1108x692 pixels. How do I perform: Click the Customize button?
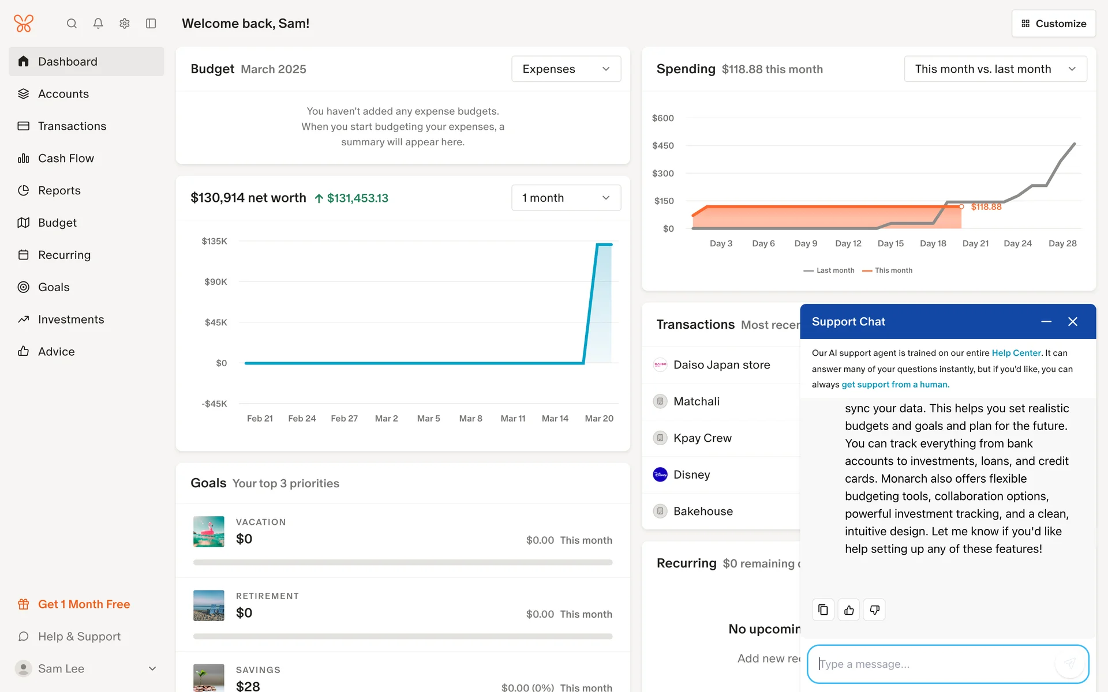[x=1053, y=24]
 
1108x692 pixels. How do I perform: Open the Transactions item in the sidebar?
[x=72, y=126]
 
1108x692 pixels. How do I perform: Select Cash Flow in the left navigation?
[x=66, y=158]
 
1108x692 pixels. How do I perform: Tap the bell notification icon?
[x=98, y=24]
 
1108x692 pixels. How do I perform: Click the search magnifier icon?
[x=72, y=24]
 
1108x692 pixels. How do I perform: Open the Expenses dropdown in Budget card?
[x=566, y=69]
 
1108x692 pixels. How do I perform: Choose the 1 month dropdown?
[x=566, y=198]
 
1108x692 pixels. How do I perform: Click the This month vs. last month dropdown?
[x=995, y=69]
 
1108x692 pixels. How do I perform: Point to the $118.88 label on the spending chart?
[x=986, y=207]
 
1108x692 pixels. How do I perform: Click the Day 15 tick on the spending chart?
[x=890, y=243]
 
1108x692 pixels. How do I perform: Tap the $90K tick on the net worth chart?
[x=216, y=282]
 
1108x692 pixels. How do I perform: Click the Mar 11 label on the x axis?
[x=512, y=419]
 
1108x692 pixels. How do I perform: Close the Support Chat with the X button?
[x=1072, y=322]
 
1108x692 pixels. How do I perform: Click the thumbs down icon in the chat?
[x=874, y=610]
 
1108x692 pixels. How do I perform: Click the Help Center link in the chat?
[x=1016, y=353]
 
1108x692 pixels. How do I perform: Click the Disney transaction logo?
[x=660, y=475]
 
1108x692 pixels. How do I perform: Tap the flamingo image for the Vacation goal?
[x=208, y=531]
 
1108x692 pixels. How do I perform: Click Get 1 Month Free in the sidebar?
[x=84, y=604]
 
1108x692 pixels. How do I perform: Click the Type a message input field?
[x=935, y=664]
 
